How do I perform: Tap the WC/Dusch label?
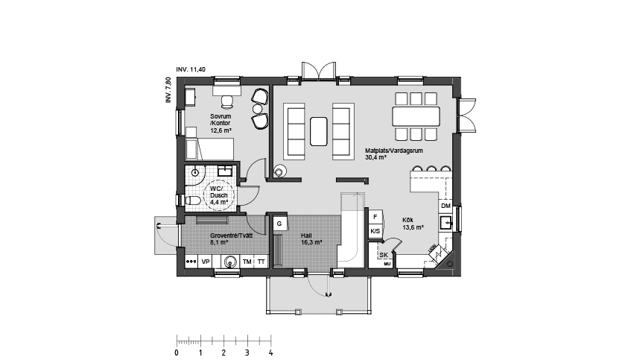point(219,195)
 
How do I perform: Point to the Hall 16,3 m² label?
point(311,239)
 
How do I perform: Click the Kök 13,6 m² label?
point(413,224)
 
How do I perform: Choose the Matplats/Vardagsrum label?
point(394,154)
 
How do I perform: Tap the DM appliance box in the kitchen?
point(446,206)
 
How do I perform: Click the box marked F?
point(375,218)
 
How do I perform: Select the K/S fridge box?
point(375,232)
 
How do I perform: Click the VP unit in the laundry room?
point(206,262)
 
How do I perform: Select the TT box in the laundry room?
point(262,262)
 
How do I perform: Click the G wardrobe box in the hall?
point(279,223)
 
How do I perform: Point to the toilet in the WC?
point(191,200)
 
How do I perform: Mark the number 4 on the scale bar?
point(270,353)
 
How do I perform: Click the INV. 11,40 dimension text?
point(191,69)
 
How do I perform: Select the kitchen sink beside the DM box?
point(446,221)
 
